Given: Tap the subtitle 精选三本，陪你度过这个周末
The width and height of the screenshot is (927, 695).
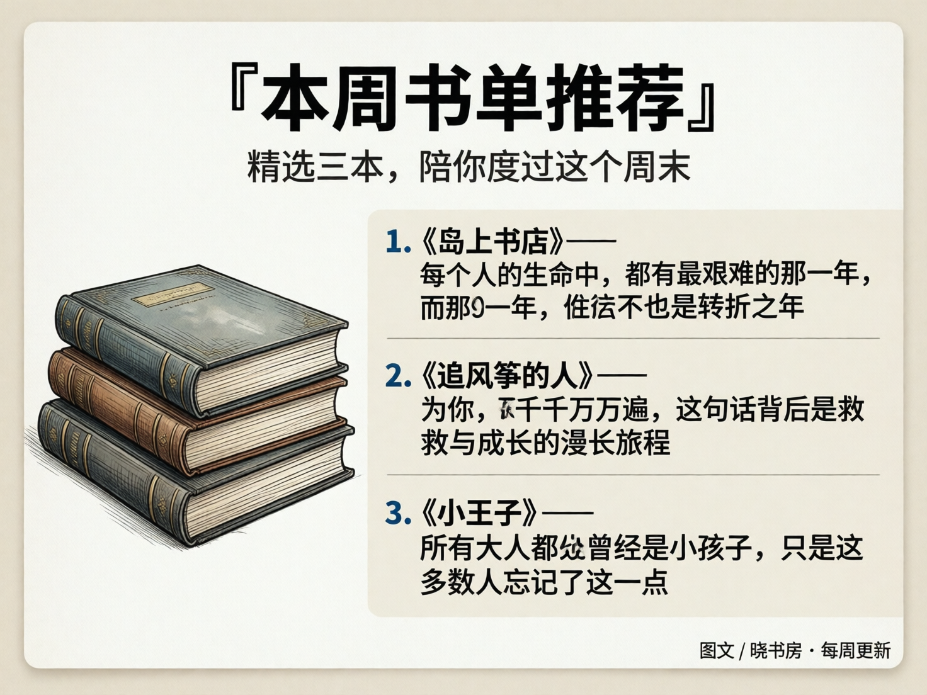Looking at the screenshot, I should [x=469, y=167].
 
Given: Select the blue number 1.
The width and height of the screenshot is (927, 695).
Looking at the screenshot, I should [x=397, y=242].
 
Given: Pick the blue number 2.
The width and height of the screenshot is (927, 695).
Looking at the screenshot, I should [x=397, y=376].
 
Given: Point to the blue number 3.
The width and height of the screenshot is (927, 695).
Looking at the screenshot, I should [x=397, y=514].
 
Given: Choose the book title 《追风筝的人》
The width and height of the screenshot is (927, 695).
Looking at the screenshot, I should [x=508, y=376].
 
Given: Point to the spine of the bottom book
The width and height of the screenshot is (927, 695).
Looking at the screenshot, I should [x=107, y=466].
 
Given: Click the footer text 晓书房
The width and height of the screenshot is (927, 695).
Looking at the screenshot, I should [x=775, y=650].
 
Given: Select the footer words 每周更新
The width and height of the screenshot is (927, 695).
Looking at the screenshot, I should [x=856, y=650].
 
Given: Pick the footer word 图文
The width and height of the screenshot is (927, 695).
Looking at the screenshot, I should [x=717, y=650].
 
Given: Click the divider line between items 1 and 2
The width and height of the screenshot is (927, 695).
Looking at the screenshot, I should [x=633, y=339].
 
